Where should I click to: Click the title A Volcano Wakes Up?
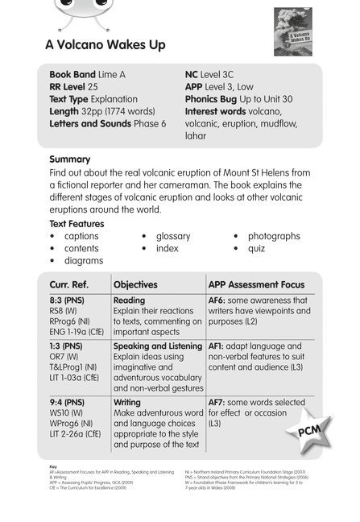pyautogui.click(x=105, y=46)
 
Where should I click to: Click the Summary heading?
pyautogui.click(x=69, y=159)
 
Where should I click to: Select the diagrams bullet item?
pyautogui.click(x=82, y=261)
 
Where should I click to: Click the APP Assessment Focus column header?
pyautogui.click(x=256, y=284)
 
